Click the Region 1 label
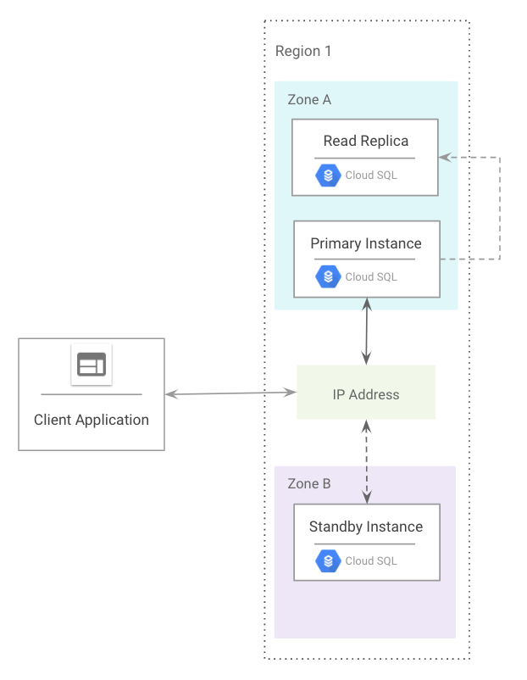pyautogui.click(x=303, y=51)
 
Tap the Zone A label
pyautogui.click(x=309, y=100)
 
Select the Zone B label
pyautogui.click(x=309, y=484)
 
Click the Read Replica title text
pyautogui.click(x=365, y=141)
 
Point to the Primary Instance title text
pyautogui.click(x=365, y=243)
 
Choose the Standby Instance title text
pyautogui.click(x=365, y=527)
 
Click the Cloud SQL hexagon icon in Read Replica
pyautogui.click(x=328, y=176)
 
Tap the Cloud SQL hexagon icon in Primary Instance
pyautogui.click(x=328, y=277)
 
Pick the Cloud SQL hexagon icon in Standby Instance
pyautogui.click(x=328, y=560)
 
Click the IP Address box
pyautogui.click(x=366, y=393)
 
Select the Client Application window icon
pyautogui.click(x=92, y=365)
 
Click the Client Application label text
pyautogui.click(x=92, y=420)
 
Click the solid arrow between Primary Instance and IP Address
pyautogui.click(x=366, y=331)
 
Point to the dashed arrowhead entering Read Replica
pyautogui.click(x=444, y=158)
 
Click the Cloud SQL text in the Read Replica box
pyautogui.click(x=371, y=176)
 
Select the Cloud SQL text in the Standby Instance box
pyautogui.click(x=371, y=560)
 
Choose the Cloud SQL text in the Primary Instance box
pyautogui.click(x=371, y=277)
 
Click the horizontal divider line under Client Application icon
pyautogui.click(x=92, y=394)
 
